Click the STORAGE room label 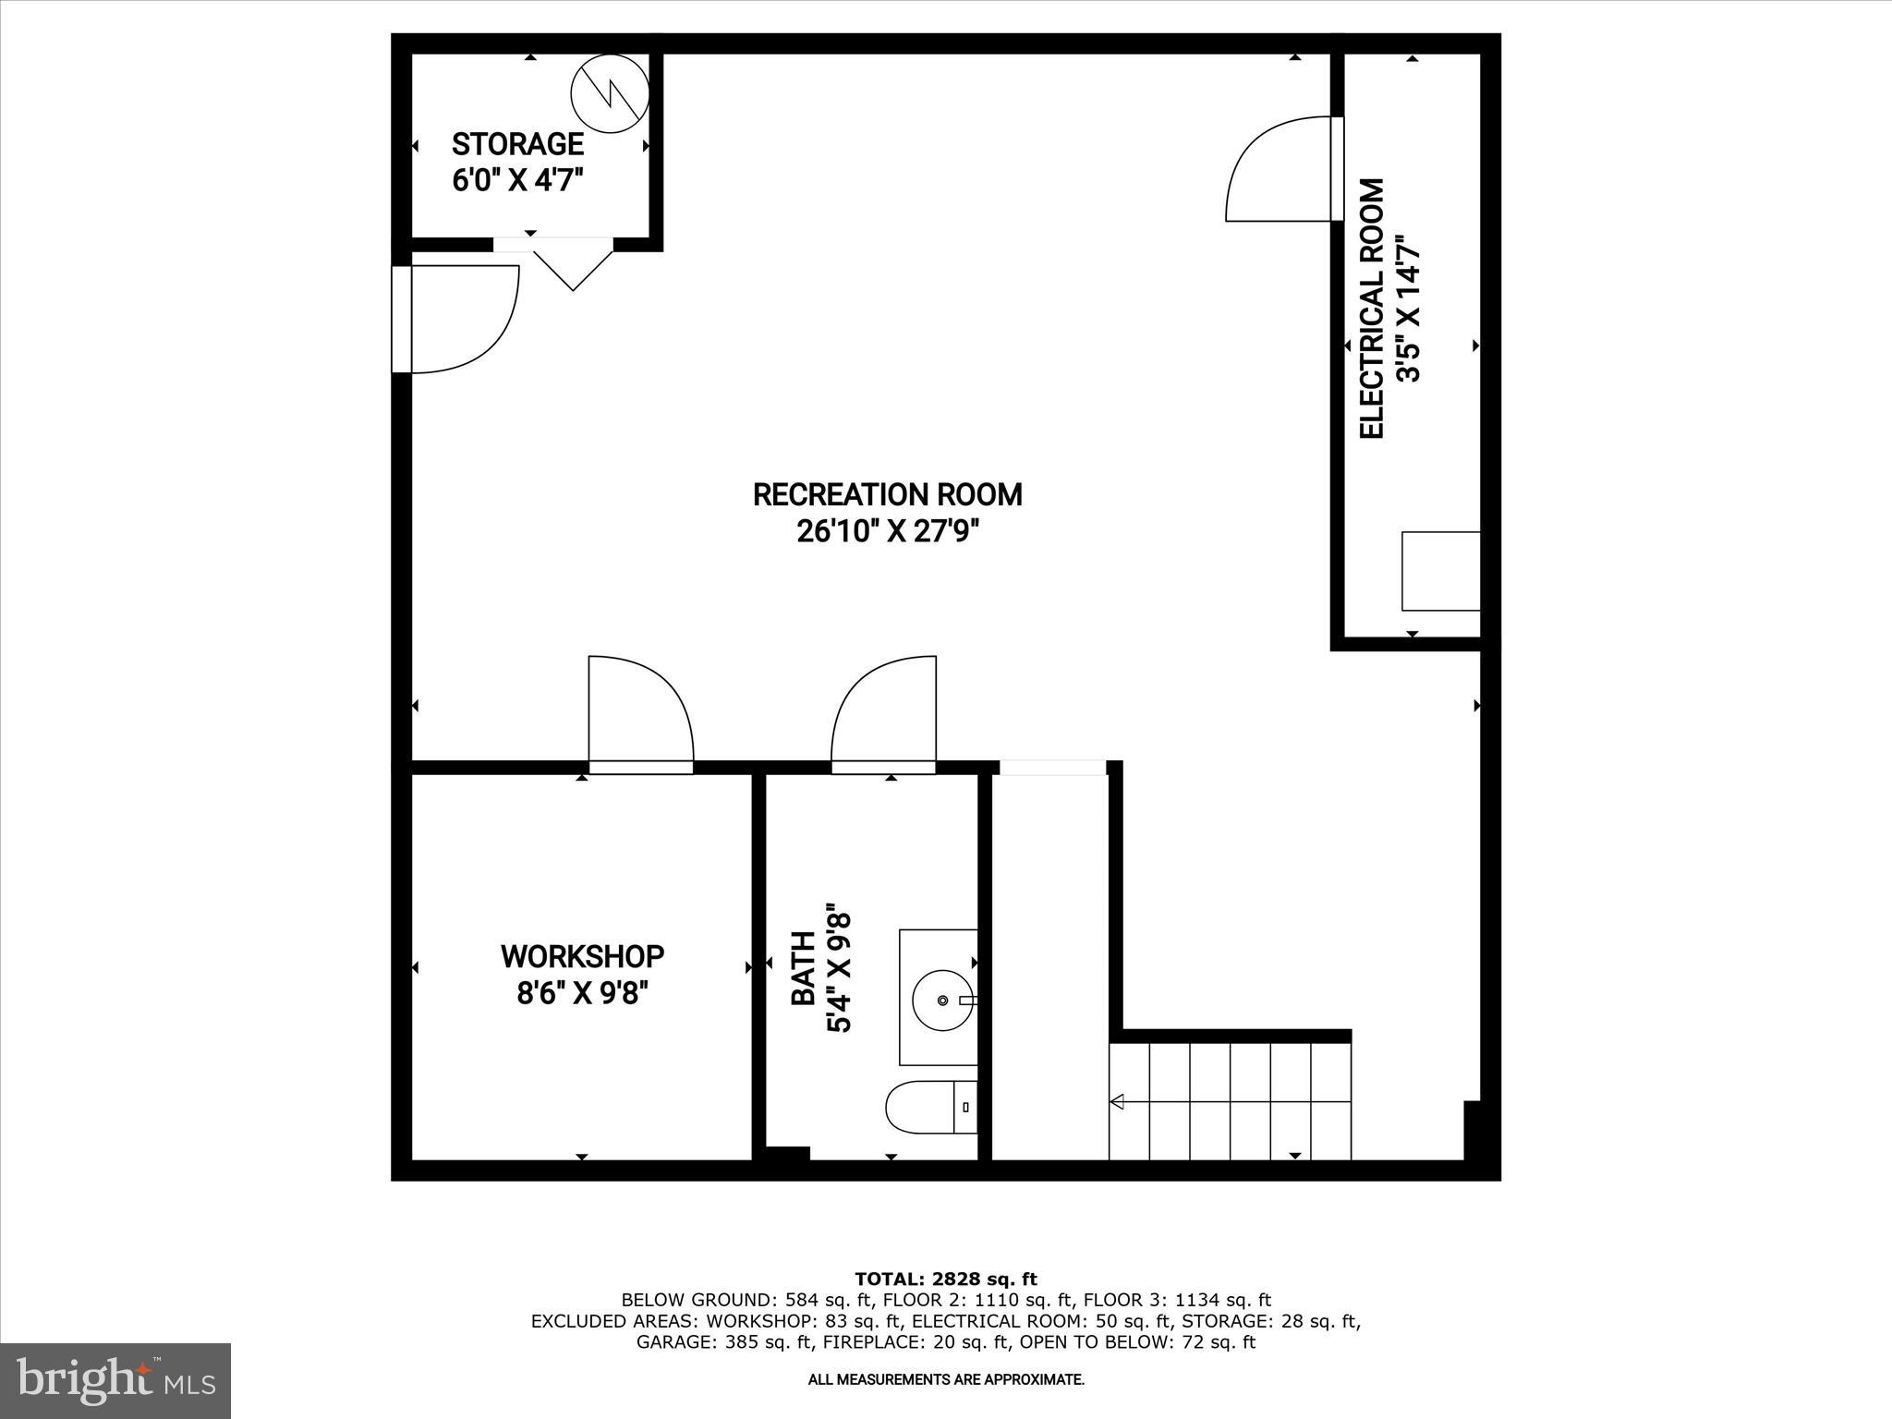click(x=517, y=144)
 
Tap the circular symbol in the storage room click(x=610, y=93)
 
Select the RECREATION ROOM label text click(x=887, y=495)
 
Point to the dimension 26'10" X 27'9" click(x=887, y=532)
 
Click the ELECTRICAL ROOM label click(x=1372, y=309)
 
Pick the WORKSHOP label click(x=582, y=956)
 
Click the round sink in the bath click(x=941, y=1001)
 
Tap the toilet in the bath click(x=928, y=1107)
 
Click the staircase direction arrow click(x=1118, y=1101)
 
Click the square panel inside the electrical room click(x=1440, y=571)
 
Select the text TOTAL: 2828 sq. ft click(x=945, y=1280)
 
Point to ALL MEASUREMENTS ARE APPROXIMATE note click(x=945, y=1379)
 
